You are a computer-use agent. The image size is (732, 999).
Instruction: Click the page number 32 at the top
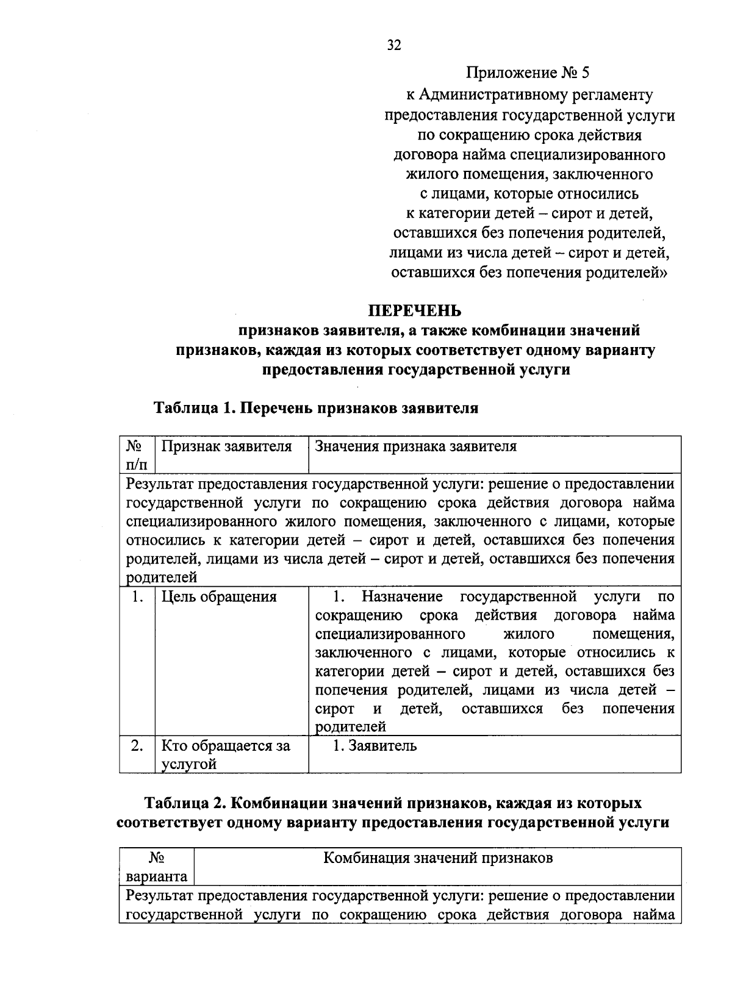click(x=394, y=46)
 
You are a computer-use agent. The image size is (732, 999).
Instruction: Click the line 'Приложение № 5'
click(x=528, y=74)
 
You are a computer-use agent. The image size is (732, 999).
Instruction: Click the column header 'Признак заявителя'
click(x=226, y=446)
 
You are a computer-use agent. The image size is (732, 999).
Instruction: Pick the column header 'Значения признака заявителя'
click(x=415, y=446)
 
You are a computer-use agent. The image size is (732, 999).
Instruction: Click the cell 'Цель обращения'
click(x=219, y=596)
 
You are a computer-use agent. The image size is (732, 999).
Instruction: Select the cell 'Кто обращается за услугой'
click(x=225, y=754)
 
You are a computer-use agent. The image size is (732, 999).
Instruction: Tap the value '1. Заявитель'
click(x=375, y=745)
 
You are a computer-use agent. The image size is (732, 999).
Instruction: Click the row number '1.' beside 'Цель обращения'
click(x=137, y=596)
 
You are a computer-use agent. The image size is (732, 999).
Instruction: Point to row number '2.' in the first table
click(x=137, y=745)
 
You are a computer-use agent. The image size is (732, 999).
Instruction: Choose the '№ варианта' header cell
click(x=157, y=867)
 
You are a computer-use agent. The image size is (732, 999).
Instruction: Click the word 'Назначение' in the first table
click(x=402, y=596)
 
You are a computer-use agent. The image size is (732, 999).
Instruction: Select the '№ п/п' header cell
click(x=137, y=455)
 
